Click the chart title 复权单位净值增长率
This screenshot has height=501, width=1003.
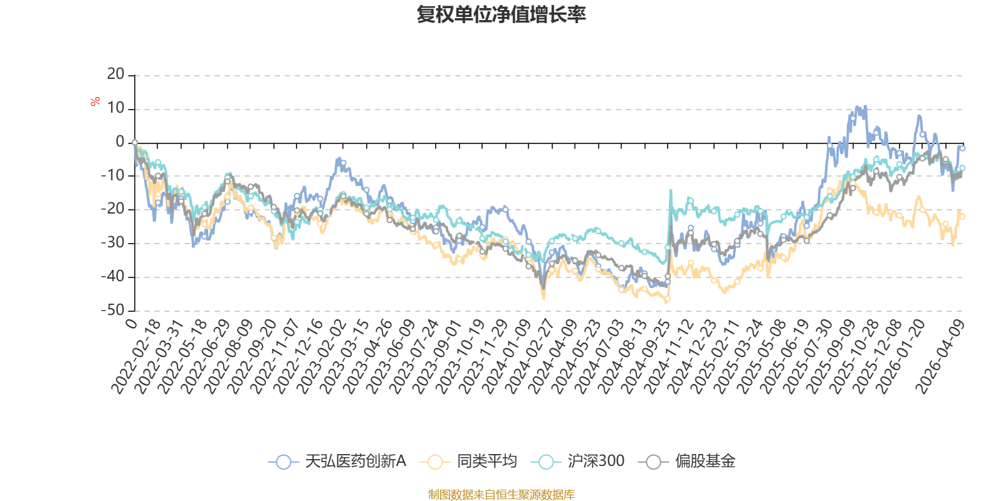point(501,14)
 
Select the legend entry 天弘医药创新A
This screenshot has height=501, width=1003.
point(339,462)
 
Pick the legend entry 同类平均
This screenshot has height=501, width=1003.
point(470,462)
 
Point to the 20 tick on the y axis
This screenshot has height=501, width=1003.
point(116,75)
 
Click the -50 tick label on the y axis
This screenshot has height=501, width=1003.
point(113,310)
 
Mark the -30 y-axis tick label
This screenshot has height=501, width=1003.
point(113,243)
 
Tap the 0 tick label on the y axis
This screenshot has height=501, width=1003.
point(120,142)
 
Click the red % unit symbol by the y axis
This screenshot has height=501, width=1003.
point(95,102)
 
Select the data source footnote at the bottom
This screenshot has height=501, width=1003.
point(501,495)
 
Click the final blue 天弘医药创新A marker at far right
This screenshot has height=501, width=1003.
point(962,148)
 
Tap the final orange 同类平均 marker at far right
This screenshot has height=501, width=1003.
point(963,217)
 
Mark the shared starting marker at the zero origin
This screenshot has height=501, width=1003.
point(135,143)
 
